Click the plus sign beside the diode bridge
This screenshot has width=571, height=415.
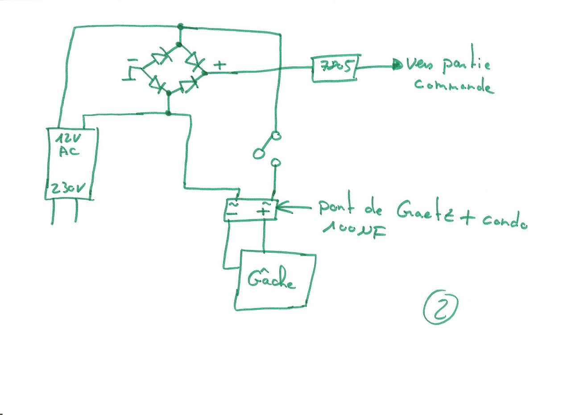pos(219,65)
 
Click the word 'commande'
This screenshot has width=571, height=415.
pos(454,85)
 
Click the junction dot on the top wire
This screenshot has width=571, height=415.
pos(180,26)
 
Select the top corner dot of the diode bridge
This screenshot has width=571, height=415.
pos(179,44)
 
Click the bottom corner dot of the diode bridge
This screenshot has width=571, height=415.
pos(169,93)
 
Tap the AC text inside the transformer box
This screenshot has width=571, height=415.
pos(68,151)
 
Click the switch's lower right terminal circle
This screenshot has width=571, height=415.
pos(276,163)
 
